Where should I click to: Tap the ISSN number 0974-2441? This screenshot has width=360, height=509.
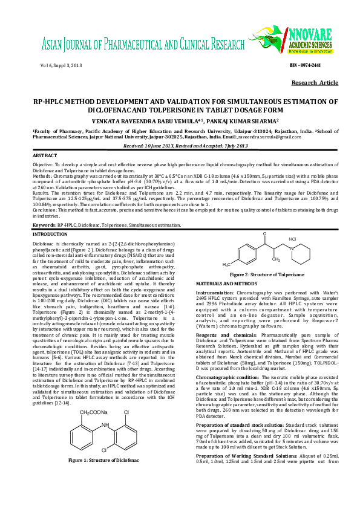tap(321, 65)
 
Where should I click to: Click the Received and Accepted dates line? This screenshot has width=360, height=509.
tap(180, 147)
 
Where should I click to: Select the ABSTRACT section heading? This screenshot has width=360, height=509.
tap(44, 156)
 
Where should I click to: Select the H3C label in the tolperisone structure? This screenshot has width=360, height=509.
tap(226, 265)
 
